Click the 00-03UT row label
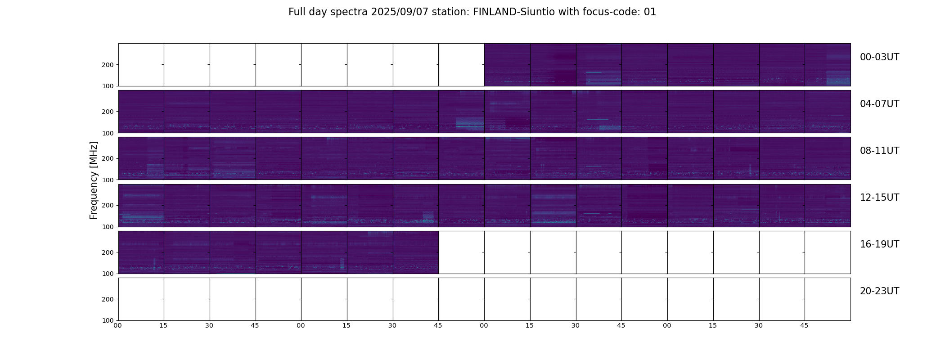point(879,57)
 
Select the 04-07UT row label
point(879,104)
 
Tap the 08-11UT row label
point(879,151)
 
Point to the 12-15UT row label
point(879,198)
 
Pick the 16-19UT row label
point(879,244)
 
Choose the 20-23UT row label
point(879,291)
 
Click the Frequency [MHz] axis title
point(94,180)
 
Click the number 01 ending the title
point(650,12)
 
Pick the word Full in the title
point(296,12)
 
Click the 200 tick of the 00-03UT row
point(108,65)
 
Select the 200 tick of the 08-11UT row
point(108,158)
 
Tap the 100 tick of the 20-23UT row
point(108,320)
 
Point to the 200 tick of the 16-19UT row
point(108,252)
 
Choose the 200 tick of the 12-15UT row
point(108,205)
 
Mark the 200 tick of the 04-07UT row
point(108,112)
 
